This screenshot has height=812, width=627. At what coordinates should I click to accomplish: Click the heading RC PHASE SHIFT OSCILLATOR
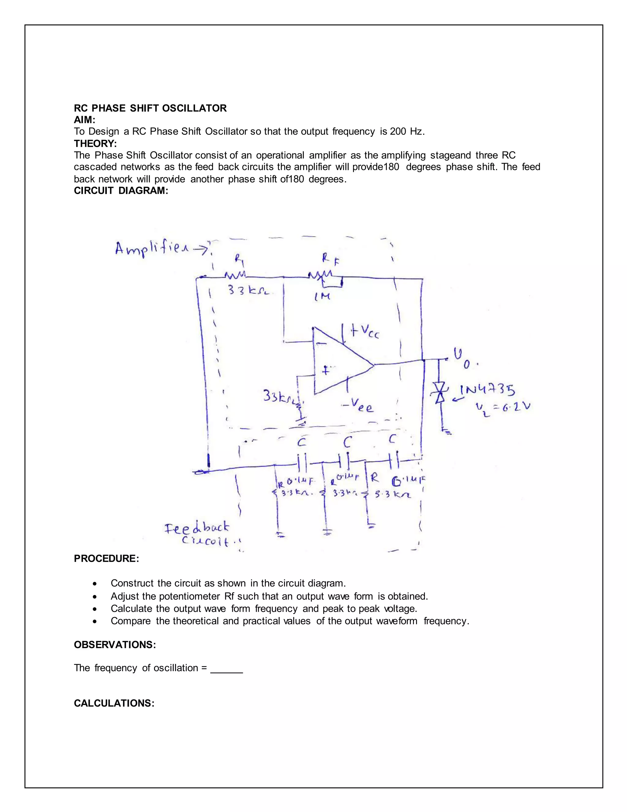[150, 108]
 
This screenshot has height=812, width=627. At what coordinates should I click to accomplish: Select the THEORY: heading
[95, 143]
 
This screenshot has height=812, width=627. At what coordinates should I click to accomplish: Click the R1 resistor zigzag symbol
[235, 275]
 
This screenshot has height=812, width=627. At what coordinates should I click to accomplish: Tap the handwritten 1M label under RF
[322, 297]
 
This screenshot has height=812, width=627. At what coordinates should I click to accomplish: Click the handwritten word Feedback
[197, 528]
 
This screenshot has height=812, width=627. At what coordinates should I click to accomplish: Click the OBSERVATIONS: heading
[115, 645]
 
